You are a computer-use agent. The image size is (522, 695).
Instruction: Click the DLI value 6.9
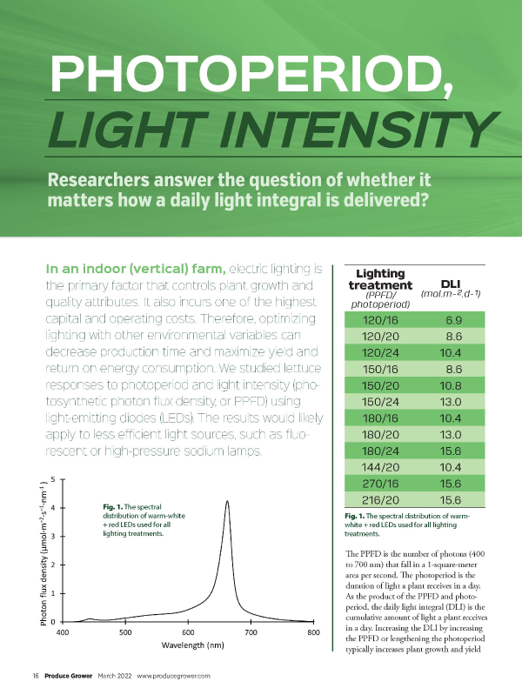tap(452, 321)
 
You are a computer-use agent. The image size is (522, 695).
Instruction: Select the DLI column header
tap(450, 284)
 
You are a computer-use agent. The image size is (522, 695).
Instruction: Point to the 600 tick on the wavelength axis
tap(188, 632)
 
